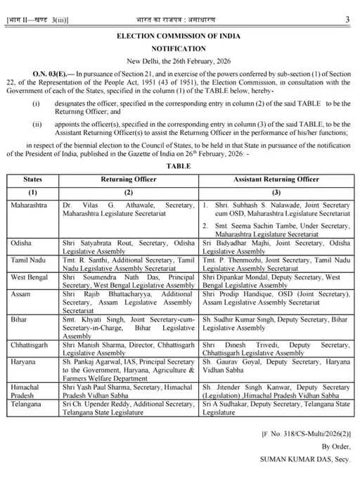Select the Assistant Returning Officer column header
[x=276, y=179]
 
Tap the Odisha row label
[x=22, y=242]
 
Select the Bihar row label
[x=20, y=319]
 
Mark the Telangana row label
[x=27, y=405]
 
